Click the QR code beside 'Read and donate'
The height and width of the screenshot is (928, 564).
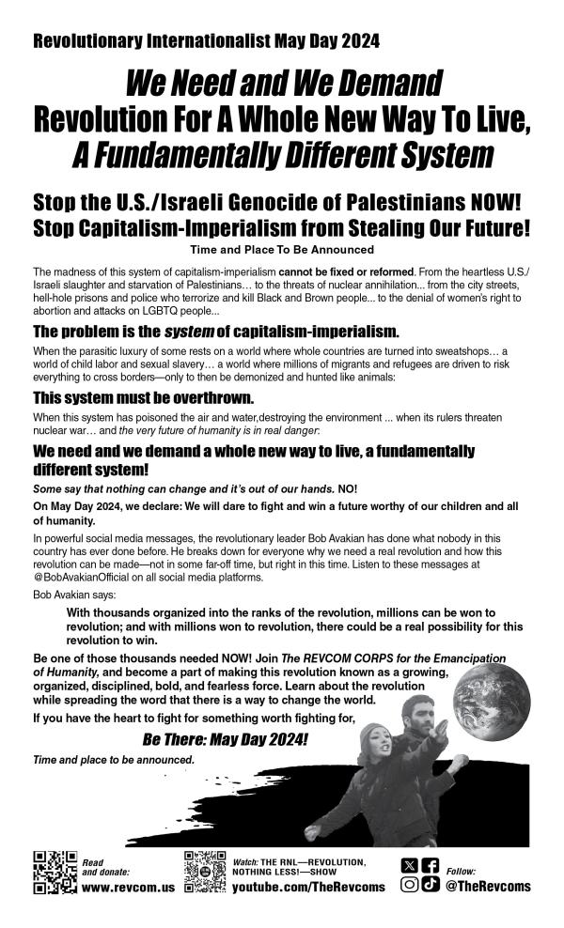point(53,872)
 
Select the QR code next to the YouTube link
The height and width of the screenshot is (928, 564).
point(206,872)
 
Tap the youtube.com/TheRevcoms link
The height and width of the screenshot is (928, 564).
point(308,887)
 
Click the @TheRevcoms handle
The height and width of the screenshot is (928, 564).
point(488,886)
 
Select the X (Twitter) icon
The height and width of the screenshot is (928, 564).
point(409,865)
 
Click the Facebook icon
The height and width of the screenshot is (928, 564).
point(431,865)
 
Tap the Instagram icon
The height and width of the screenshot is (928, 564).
point(409,885)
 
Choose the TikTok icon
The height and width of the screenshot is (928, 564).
point(431,885)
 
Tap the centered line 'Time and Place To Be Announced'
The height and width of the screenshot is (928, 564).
point(281,250)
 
